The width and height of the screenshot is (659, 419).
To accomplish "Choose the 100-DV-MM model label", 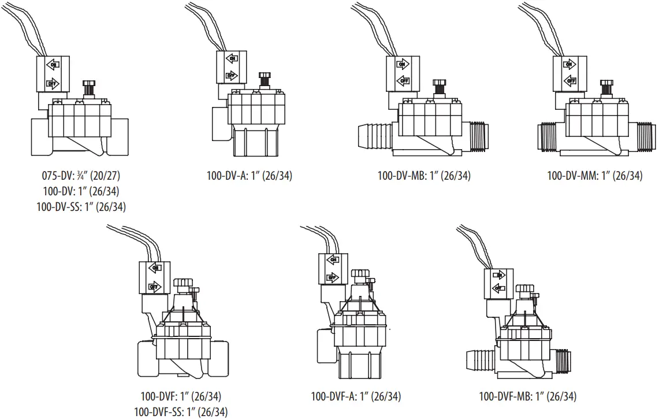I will [594, 176].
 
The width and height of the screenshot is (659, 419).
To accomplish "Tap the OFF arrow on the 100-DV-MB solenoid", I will [401, 81].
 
